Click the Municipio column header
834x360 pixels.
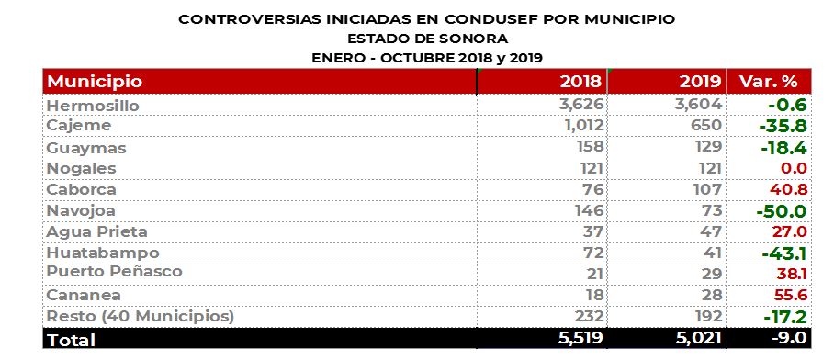coord(95,82)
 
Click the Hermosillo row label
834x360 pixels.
coord(93,106)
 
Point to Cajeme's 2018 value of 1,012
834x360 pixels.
coord(580,126)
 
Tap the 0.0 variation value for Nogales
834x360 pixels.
coord(794,168)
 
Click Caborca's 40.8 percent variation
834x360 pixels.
coord(790,189)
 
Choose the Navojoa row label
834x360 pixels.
coord(81,210)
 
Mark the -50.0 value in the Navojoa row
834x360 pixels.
coord(783,211)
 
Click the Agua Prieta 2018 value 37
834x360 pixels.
coord(591,231)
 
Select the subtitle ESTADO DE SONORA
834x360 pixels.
coord(427,38)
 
